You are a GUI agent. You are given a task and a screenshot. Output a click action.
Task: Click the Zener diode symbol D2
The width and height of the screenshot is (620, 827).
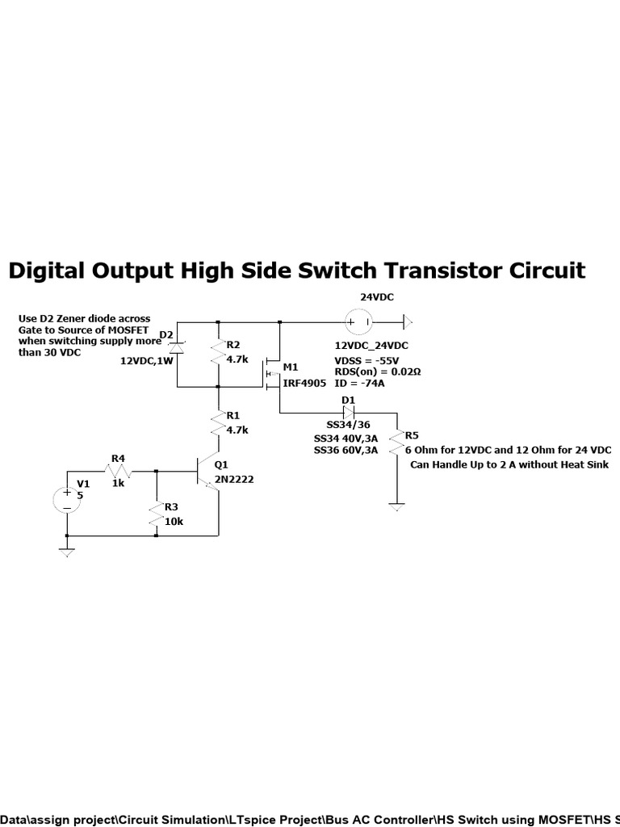[x=177, y=347]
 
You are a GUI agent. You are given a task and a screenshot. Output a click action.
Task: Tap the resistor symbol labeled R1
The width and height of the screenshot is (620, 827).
[x=218, y=423]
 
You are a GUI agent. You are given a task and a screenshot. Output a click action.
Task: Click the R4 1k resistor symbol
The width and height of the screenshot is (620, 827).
[x=118, y=471]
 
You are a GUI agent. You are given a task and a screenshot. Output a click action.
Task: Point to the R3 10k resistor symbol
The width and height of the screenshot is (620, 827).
[x=156, y=514]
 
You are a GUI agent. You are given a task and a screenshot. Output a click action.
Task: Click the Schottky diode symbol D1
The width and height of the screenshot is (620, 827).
[x=349, y=413]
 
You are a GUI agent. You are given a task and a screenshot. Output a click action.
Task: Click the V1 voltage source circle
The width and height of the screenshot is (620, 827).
[x=67, y=499]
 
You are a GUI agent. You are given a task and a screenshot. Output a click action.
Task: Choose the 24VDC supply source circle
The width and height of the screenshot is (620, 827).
[x=358, y=321]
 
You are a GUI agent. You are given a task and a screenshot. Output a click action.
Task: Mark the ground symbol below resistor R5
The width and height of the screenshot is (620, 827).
[x=396, y=507]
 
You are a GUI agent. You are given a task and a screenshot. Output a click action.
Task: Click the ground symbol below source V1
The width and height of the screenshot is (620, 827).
[x=67, y=552]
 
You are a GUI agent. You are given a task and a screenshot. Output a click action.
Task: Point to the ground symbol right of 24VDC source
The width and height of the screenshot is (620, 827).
[x=408, y=321]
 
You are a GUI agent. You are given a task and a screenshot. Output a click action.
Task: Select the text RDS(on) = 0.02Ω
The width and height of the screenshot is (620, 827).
[x=378, y=372]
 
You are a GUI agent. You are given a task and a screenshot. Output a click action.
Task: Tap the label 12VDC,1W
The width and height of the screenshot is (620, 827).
[x=147, y=361]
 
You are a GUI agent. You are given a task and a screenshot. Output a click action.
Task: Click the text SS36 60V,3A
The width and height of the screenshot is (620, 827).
[x=346, y=451]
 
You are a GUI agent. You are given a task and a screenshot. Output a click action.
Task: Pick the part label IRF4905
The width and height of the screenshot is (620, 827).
[x=304, y=383]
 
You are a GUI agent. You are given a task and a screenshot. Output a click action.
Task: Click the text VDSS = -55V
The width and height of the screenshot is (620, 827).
[x=367, y=361]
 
